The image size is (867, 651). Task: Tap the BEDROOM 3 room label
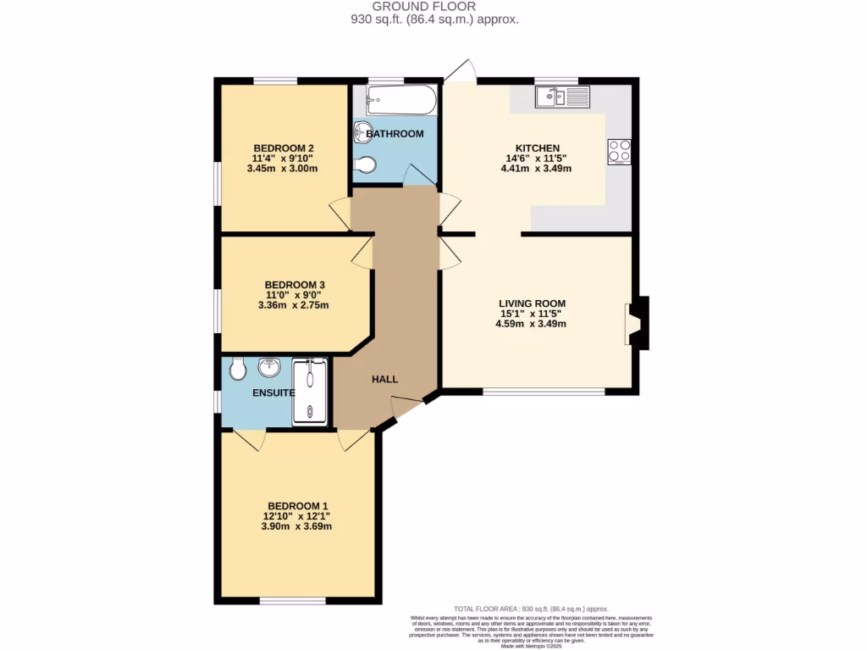pyautogui.click(x=294, y=284)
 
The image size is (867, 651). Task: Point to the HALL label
pyautogui.click(x=385, y=379)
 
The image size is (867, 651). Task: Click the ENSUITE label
pyautogui.click(x=273, y=393)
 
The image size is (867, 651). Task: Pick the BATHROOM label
pyautogui.click(x=395, y=134)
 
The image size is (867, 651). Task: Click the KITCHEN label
pyautogui.click(x=538, y=147)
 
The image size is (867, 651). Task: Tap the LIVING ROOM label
pyautogui.click(x=532, y=303)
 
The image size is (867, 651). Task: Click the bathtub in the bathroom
pyautogui.click(x=401, y=100)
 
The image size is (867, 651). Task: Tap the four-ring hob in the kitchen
pyautogui.click(x=619, y=151)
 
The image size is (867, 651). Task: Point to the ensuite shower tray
pyautogui.click(x=309, y=390)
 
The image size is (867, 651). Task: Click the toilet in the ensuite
pyautogui.click(x=238, y=367)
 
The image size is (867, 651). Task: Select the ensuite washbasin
pyautogui.click(x=270, y=367)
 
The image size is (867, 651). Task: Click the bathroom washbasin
pyautogui.click(x=362, y=131)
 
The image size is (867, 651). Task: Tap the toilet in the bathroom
pyautogui.click(x=364, y=165)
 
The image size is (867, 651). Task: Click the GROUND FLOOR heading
pyautogui.click(x=435, y=6)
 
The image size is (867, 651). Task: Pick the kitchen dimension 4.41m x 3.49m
pyautogui.click(x=536, y=168)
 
